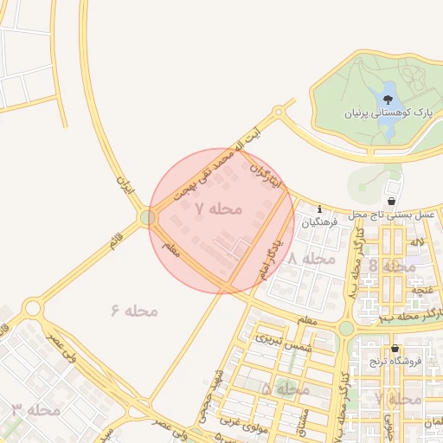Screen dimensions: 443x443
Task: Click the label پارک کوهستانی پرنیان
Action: pyautogui.click(x=388, y=112)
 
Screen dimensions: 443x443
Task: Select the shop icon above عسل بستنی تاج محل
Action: pyautogui.click(x=392, y=201)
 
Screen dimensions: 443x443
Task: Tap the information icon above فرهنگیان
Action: pyautogui.click(x=321, y=209)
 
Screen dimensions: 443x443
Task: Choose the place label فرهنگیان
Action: pyautogui.click(x=320, y=222)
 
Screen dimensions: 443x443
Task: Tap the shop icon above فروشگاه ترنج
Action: pyautogui.click(x=395, y=349)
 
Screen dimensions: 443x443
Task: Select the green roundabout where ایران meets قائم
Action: pyautogui.click(x=149, y=217)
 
